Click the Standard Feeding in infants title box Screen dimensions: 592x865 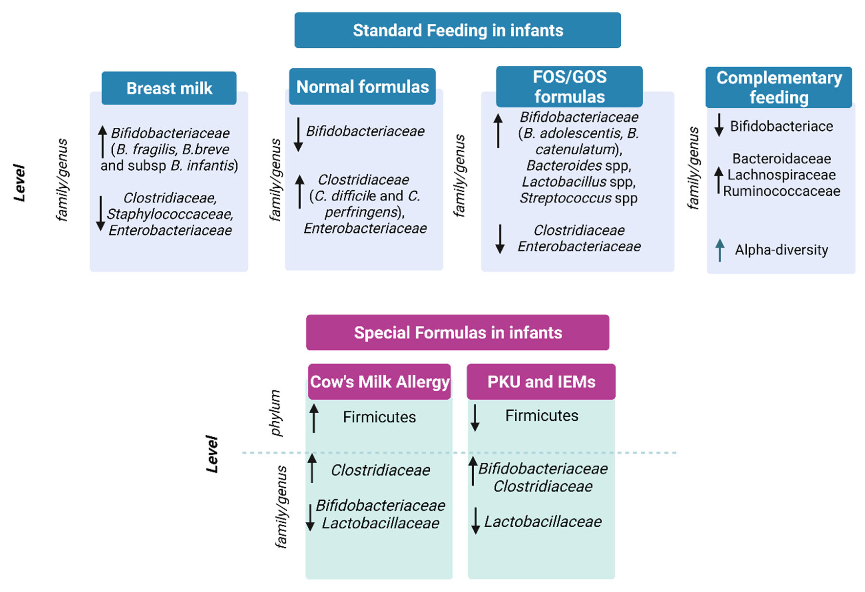point(458,30)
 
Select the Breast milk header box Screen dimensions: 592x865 point(169,88)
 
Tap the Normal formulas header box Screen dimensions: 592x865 point(362,87)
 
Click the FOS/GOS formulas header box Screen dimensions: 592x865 point(569,87)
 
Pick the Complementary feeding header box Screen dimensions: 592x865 point(779,87)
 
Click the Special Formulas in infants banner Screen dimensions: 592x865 point(458,332)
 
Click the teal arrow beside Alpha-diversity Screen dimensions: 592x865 point(720,250)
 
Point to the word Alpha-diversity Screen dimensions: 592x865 point(781,250)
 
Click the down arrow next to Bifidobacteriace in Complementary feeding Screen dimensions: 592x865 point(719,125)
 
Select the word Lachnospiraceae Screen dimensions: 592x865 point(781,175)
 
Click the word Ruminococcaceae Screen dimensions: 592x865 point(781,191)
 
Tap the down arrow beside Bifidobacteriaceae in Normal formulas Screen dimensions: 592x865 point(298,134)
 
